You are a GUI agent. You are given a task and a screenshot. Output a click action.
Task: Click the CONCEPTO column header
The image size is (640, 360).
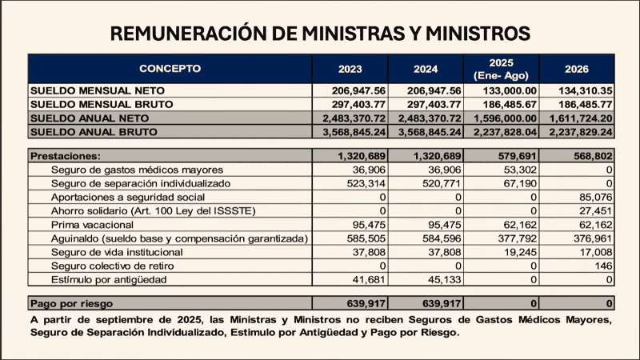tap(170, 68)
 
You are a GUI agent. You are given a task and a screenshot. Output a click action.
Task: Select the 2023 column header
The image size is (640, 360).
tap(350, 68)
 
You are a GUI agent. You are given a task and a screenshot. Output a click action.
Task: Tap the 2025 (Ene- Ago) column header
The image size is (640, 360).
tap(502, 68)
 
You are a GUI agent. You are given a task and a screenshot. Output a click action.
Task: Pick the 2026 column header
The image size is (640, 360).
tap(577, 68)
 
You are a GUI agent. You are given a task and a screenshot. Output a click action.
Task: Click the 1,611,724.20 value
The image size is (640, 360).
tap(579, 118)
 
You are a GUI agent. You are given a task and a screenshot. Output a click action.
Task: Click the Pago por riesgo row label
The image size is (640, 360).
tap(71, 304)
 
